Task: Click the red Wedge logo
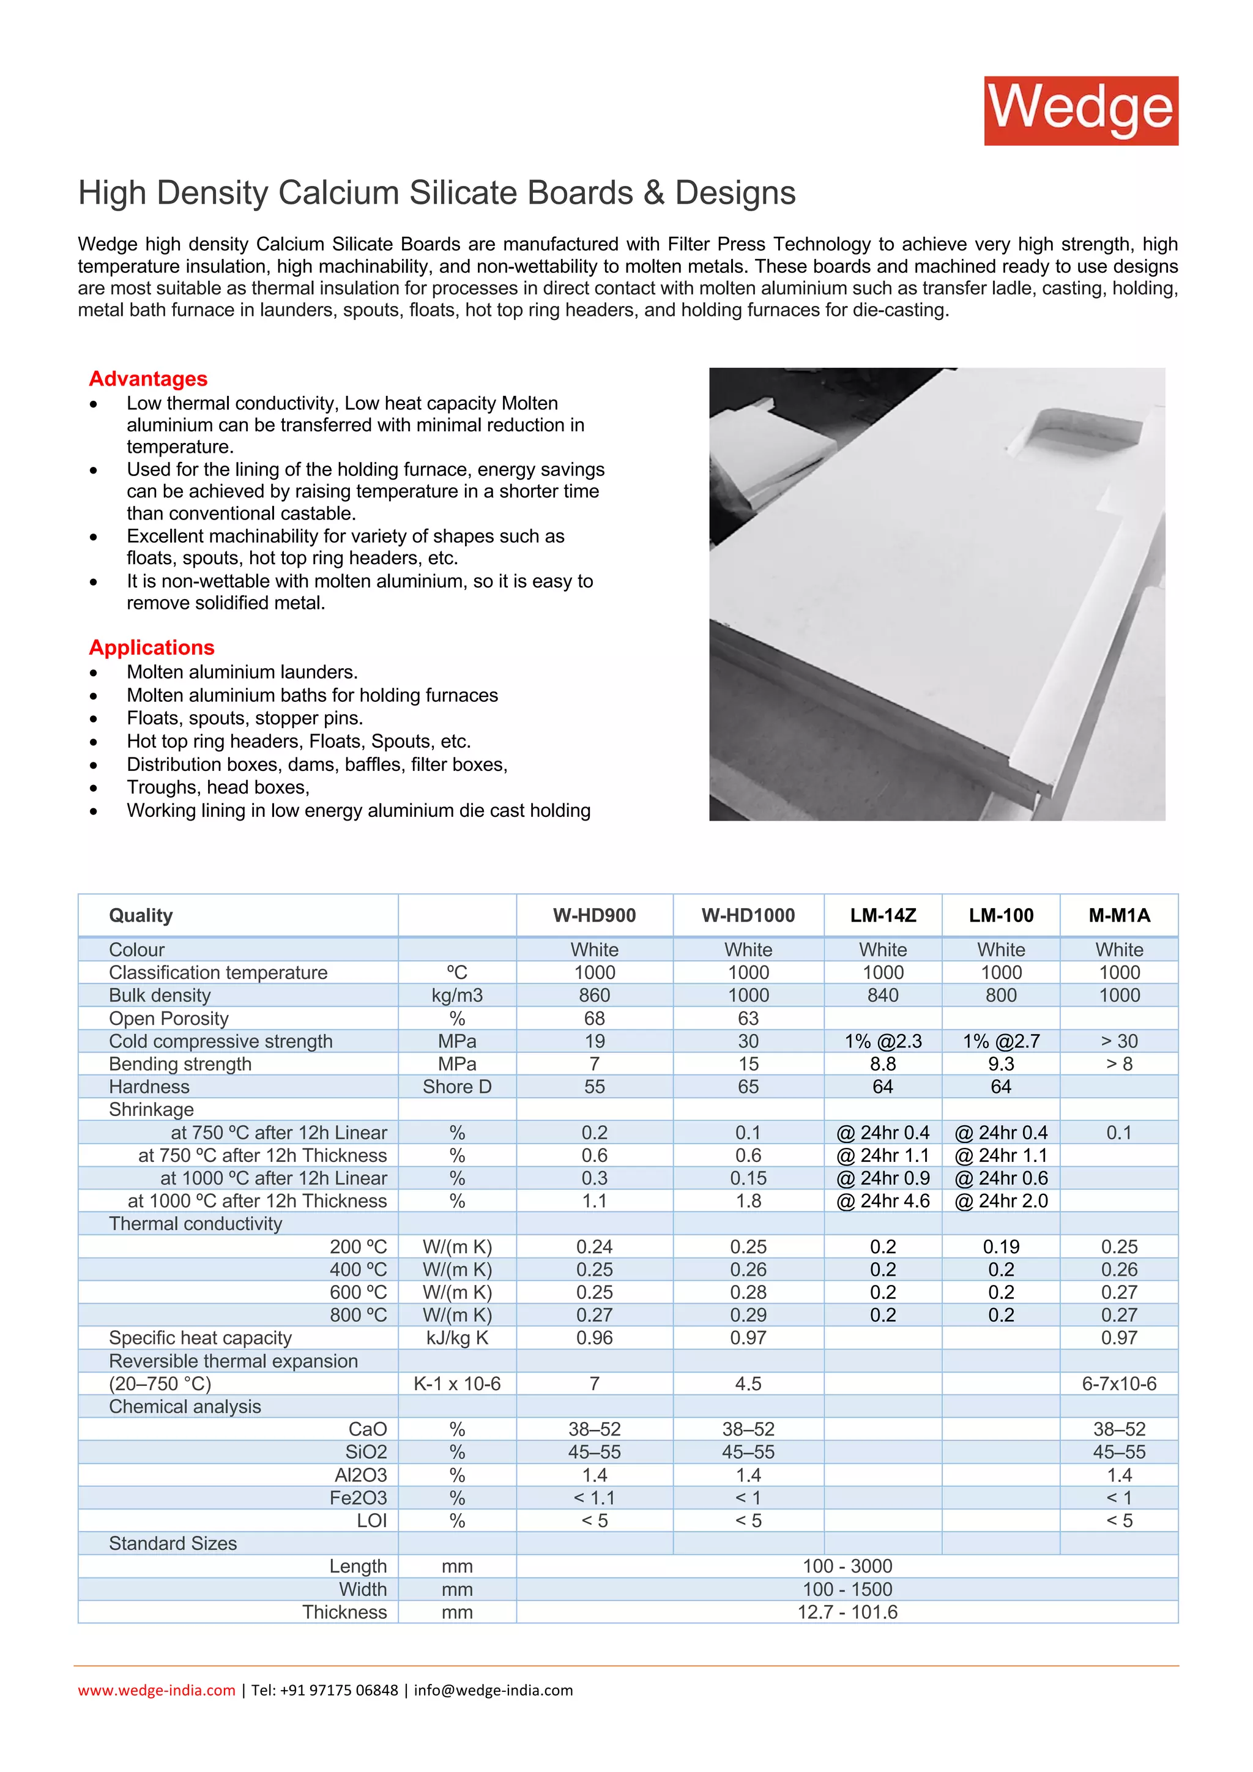1080,110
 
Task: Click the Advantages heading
148,378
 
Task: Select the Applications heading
151,647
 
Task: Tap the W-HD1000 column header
748,915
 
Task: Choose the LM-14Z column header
883,915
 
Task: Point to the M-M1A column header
1119,915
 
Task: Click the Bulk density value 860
594,995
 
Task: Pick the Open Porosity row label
168,1018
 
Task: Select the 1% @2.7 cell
1001,1041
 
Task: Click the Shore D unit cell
457,1087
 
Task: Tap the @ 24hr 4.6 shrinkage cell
883,1201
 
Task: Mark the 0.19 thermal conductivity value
1001,1246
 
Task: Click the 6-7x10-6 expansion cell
1119,1384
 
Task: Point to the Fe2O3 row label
358,1498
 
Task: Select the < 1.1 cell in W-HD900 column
594,1498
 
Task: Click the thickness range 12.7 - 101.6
847,1612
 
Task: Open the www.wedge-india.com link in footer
157,1690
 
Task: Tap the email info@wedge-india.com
493,1690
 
